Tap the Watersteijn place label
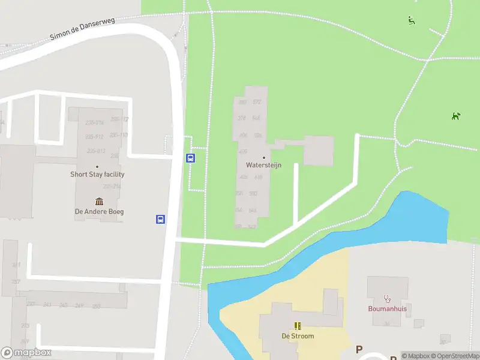263,164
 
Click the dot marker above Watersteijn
263,158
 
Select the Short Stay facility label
97,175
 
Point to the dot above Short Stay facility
97,167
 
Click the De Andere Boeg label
99,211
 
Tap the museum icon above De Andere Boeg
99,202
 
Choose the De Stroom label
298,336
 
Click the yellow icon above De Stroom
298,326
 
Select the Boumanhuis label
388,309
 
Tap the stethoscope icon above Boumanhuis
388,298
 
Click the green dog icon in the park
456,116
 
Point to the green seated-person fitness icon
412,20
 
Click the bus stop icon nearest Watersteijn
191,158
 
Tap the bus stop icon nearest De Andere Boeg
161,219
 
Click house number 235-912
95,137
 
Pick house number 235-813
96,151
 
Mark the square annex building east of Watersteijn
318,151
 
